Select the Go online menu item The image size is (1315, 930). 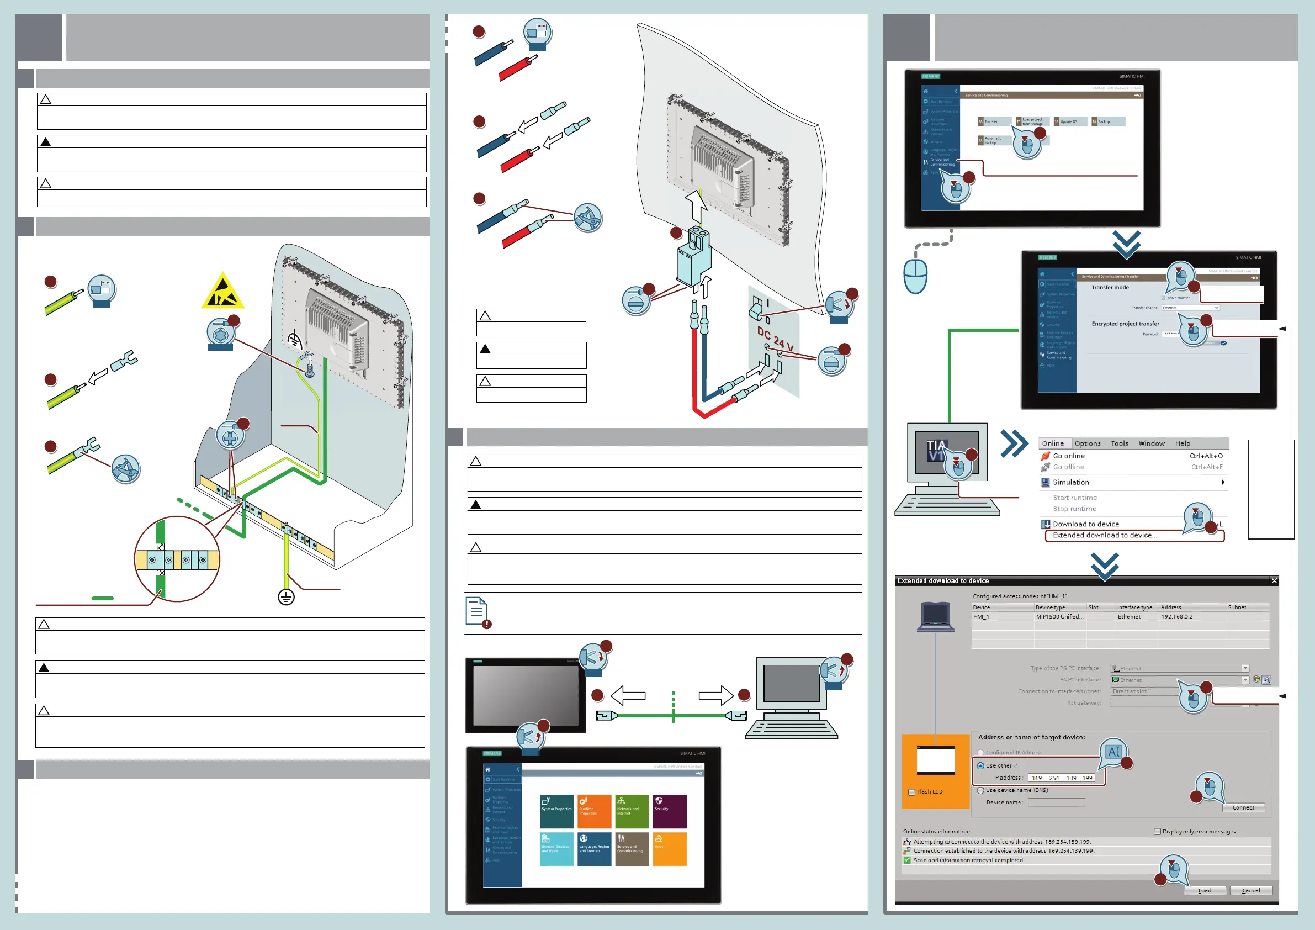tap(1068, 456)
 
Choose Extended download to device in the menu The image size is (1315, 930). tap(1104, 535)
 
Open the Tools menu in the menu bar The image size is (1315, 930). tap(1119, 443)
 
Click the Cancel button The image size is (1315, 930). tap(1250, 890)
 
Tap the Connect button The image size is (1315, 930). tap(1243, 807)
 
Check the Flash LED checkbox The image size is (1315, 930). tap(912, 792)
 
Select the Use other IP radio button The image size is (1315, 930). tap(980, 765)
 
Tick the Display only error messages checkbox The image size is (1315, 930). tap(1157, 832)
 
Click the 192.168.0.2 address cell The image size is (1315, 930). tap(1176, 616)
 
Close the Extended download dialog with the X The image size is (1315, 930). tap(1274, 581)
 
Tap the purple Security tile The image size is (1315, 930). tap(670, 811)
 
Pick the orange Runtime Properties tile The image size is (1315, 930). tap(594, 811)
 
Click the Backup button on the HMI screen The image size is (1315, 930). tap(1107, 121)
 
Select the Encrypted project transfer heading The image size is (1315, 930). tap(1125, 324)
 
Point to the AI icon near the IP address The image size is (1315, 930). tap(1113, 752)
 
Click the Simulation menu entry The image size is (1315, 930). tap(1070, 483)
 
